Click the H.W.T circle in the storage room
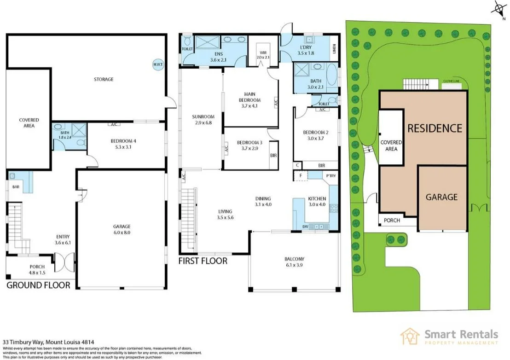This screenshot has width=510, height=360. point(157,64)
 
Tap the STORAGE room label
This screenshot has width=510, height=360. point(104,79)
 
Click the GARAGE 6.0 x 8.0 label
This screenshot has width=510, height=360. point(122,229)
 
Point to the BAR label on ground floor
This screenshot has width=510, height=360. point(16,187)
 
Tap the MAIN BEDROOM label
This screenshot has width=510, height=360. point(249,100)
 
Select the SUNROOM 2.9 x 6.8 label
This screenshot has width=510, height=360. point(203,120)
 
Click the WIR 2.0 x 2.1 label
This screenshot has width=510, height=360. point(264,55)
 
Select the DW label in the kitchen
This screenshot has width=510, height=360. point(305,226)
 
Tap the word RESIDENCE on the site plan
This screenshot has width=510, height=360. point(434,128)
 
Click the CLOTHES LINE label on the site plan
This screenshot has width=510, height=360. point(451,81)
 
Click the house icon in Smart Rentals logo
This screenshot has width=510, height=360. point(410,336)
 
